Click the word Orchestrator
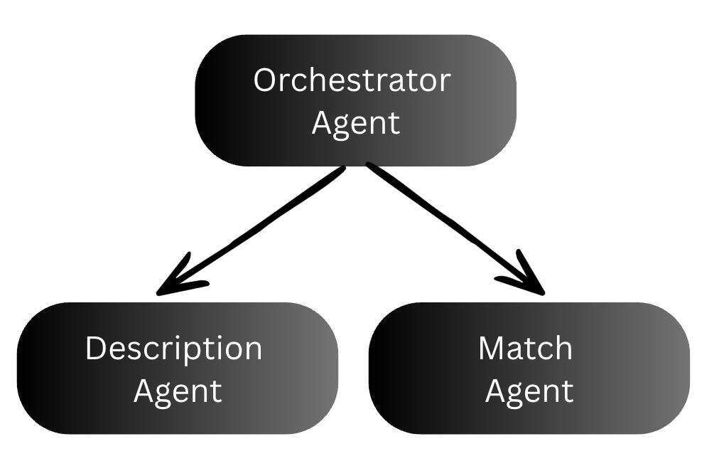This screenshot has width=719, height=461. [x=352, y=80]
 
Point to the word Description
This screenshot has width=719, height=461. [x=173, y=349]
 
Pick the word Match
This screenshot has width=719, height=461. [x=525, y=349]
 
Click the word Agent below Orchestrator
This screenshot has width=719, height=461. [x=355, y=123]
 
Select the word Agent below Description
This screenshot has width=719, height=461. [x=178, y=391]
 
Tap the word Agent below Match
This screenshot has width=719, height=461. [x=529, y=391]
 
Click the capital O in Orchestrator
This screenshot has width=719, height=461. [x=264, y=80]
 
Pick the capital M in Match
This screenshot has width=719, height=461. [x=493, y=349]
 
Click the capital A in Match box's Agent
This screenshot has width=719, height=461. [x=496, y=391]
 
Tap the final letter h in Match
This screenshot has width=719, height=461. [x=563, y=349]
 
